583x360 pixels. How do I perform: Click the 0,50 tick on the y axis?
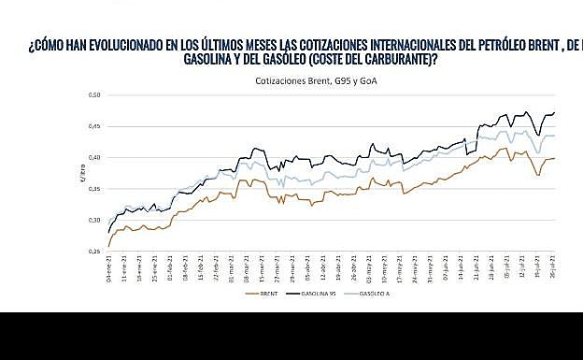click(x=93, y=95)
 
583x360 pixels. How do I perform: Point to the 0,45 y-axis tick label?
click(x=93, y=126)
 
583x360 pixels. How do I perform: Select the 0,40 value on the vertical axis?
click(x=93, y=158)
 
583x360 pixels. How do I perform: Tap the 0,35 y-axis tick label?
click(x=93, y=189)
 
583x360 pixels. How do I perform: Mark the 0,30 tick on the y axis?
click(x=93, y=221)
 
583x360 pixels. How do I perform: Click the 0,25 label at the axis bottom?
click(x=93, y=252)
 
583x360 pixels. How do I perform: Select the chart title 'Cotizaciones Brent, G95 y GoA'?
click(x=308, y=80)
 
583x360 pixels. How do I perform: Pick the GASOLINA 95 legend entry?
click(x=320, y=294)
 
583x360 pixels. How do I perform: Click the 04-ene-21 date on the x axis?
click(x=108, y=268)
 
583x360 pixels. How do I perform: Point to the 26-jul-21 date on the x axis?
click(x=554, y=268)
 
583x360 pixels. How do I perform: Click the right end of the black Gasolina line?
click(x=554, y=113)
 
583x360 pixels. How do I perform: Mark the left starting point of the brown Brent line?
click(x=108, y=246)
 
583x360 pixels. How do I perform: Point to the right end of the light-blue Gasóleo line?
click(x=554, y=136)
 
